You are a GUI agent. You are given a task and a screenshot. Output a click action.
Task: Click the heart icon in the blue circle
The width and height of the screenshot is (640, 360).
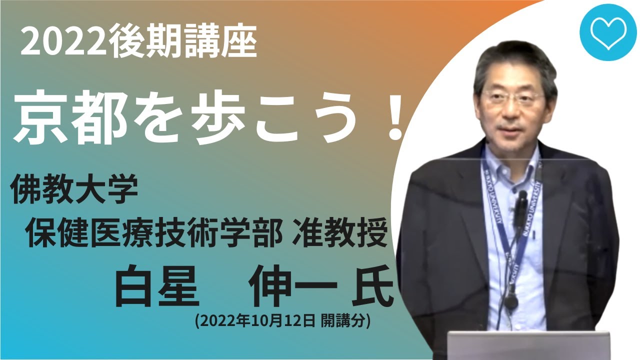tap(607, 32)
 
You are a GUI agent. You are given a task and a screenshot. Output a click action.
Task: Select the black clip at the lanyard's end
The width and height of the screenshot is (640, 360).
tap(510, 302)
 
